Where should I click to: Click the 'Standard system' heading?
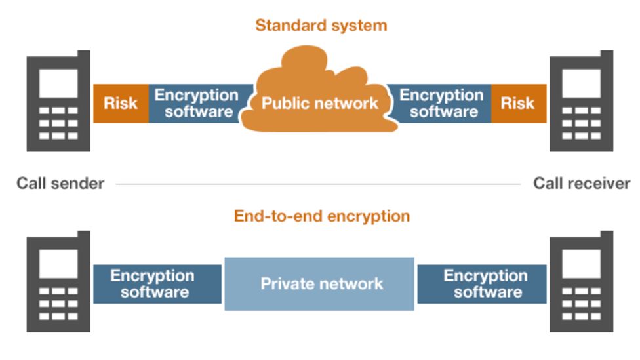321,26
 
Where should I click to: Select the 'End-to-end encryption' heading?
321,216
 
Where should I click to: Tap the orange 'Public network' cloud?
320,102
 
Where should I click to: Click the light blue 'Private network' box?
319,284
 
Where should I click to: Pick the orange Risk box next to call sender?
121,103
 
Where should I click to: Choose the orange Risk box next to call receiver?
518,103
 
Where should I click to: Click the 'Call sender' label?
60,184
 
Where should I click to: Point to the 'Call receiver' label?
582,184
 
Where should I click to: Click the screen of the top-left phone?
58,81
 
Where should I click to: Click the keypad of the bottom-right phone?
581,304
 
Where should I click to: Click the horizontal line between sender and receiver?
319,184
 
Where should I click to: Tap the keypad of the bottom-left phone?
58,304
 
